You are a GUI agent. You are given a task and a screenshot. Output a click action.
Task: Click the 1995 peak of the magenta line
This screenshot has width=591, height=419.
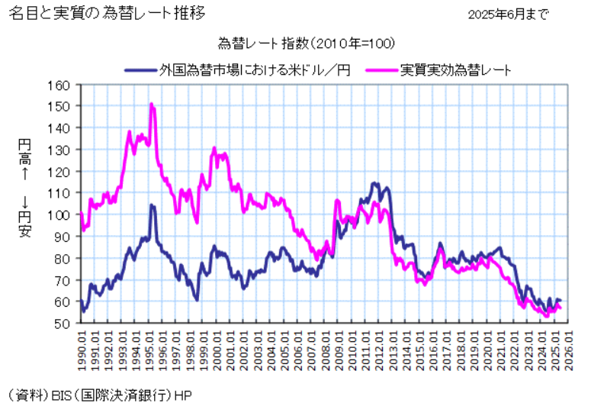(151, 104)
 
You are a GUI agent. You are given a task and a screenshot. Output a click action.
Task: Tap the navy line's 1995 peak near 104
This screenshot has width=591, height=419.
(152, 205)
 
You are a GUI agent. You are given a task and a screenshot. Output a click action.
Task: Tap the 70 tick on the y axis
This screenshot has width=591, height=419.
(62, 280)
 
